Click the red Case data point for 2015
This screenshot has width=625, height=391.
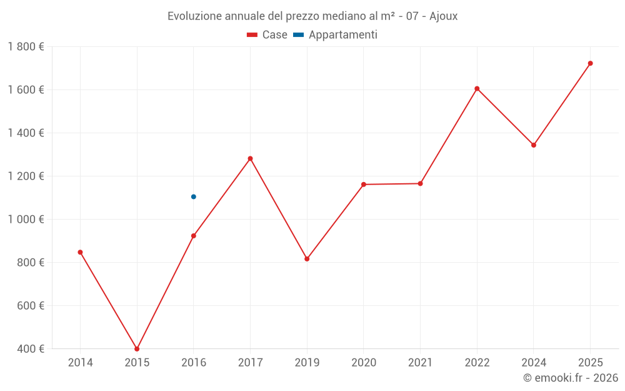[137, 349]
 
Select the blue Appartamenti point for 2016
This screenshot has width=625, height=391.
[194, 196]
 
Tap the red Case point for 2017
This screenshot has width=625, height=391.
[250, 158]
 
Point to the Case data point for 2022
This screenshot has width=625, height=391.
[477, 89]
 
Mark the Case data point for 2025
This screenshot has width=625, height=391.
[590, 63]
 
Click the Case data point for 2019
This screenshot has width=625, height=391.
[307, 259]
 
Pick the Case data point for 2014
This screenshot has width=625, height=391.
[80, 252]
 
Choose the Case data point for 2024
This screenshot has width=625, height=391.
[534, 145]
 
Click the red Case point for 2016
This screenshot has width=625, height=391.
[194, 236]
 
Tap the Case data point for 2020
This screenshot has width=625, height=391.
[364, 185]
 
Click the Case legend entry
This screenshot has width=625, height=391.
[267, 35]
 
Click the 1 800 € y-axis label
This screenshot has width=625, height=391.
[26, 47]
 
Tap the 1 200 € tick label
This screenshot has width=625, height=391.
[26, 176]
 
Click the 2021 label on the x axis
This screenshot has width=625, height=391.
[420, 363]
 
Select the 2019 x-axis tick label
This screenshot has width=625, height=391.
[307, 363]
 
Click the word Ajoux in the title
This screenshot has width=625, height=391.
[444, 16]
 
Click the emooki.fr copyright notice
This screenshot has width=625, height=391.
[571, 378]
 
